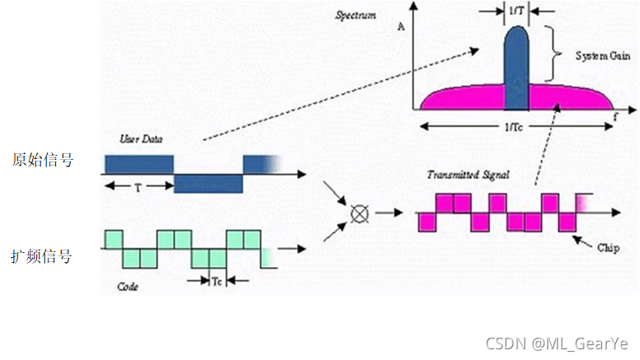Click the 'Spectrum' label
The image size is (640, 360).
(357, 16)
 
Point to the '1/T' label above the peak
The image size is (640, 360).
(516, 10)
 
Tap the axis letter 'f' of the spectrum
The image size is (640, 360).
(615, 117)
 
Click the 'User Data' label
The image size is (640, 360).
(140, 140)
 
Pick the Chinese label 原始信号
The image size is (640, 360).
(42, 160)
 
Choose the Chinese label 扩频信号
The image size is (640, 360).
(42, 257)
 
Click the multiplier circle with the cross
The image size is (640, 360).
(358, 214)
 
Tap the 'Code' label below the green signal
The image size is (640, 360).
(128, 287)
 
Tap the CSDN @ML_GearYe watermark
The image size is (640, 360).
(557, 343)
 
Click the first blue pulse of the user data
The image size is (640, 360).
(139, 163)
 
